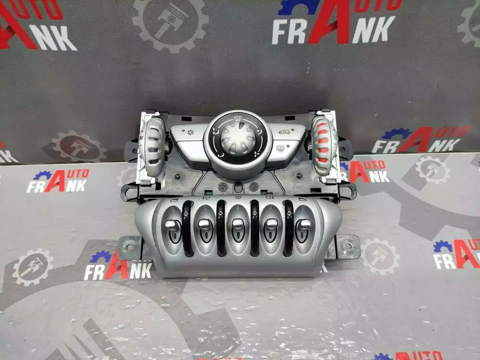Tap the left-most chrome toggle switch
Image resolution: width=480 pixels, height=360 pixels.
170,226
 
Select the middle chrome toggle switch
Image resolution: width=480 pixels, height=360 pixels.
238,225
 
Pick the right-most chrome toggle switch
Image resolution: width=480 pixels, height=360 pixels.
305,225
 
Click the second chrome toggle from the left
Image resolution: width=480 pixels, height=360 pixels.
204,225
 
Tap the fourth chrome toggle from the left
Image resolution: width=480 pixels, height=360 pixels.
271,225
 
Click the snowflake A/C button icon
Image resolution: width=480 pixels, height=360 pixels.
191,132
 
